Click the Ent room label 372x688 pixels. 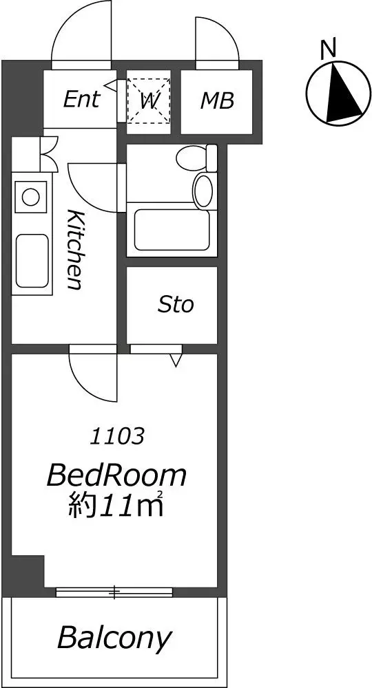click(x=81, y=99)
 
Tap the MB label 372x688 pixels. click(x=217, y=101)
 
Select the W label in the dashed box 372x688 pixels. click(x=149, y=101)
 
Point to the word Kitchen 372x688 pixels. click(x=74, y=250)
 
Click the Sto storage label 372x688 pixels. click(x=176, y=305)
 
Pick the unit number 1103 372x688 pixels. click(x=117, y=436)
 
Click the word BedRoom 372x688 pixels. click(x=116, y=476)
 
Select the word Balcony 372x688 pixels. click(x=114, y=638)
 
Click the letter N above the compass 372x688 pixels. click(x=328, y=48)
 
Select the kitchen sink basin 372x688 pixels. click(x=32, y=261)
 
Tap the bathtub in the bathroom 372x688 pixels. click(x=173, y=230)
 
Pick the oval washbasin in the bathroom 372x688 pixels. click(x=203, y=191)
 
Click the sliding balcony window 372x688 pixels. click(x=114, y=592)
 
